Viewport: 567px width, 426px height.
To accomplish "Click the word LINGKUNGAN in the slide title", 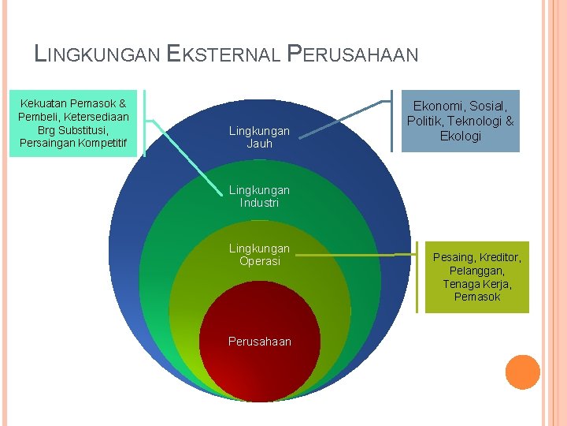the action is pos(98,54).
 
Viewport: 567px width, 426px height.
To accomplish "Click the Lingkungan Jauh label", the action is pos(259,137).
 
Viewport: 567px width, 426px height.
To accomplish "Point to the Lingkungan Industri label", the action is pos(259,196).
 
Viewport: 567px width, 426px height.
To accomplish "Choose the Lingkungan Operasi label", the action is pos(259,255).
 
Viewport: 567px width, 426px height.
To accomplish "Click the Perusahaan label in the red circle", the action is pos(259,342).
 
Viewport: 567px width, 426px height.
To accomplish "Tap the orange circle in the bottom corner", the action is pos(522,372).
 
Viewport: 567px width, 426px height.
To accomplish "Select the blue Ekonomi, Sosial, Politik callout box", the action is pos(460,121).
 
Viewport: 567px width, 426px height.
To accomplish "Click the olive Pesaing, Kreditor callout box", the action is pos(477,277).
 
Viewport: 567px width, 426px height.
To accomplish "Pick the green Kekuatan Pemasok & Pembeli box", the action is pos(73,123).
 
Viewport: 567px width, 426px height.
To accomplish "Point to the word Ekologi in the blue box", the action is pos(460,136).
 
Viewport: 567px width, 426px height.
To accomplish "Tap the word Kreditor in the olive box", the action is pos(499,257).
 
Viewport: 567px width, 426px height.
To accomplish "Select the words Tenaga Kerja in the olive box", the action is pos(477,284).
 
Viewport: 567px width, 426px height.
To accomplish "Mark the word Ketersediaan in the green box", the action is pos(95,117).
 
